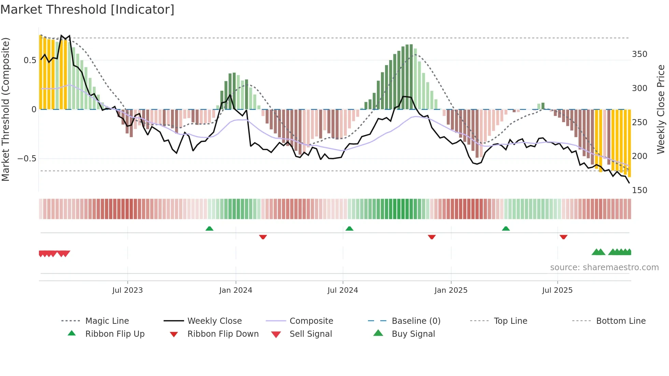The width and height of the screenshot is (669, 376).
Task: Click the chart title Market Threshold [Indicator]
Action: pyautogui.click(x=87, y=10)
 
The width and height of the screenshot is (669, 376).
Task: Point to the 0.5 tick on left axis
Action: pyautogui.click(x=30, y=60)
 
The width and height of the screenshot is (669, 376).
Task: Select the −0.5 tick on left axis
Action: pyautogui.click(x=27, y=159)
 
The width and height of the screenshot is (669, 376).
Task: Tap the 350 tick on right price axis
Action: pyautogui.click(x=639, y=54)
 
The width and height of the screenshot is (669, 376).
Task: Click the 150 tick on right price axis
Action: pyautogui.click(x=639, y=190)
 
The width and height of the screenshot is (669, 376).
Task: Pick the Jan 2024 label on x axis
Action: pyautogui.click(x=236, y=290)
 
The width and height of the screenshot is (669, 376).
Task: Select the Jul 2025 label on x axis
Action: pyautogui.click(x=557, y=290)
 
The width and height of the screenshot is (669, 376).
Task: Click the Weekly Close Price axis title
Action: pyautogui.click(x=661, y=109)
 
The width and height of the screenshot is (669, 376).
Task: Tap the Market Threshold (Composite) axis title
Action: pyautogui.click(x=5, y=109)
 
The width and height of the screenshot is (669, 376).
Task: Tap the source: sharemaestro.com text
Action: pyautogui.click(x=604, y=267)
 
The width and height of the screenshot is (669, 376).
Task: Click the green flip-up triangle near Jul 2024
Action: pyautogui.click(x=349, y=229)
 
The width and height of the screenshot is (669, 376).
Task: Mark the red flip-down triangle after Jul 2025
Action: pyautogui.click(x=564, y=237)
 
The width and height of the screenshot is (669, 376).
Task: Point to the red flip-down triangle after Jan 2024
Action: pyautogui.click(x=263, y=237)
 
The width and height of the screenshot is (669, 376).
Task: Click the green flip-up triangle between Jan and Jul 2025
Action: pyautogui.click(x=506, y=229)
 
